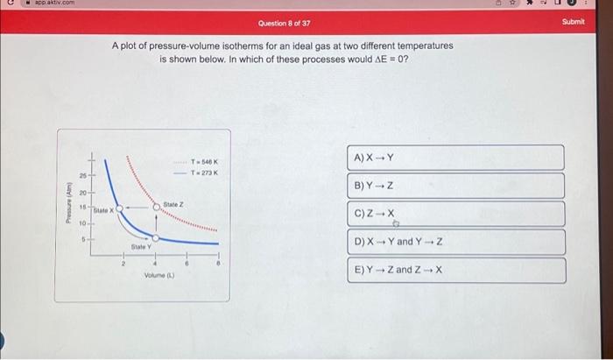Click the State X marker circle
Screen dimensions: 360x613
119,209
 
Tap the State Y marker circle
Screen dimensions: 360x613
156,237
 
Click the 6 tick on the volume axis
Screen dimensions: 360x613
187,262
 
